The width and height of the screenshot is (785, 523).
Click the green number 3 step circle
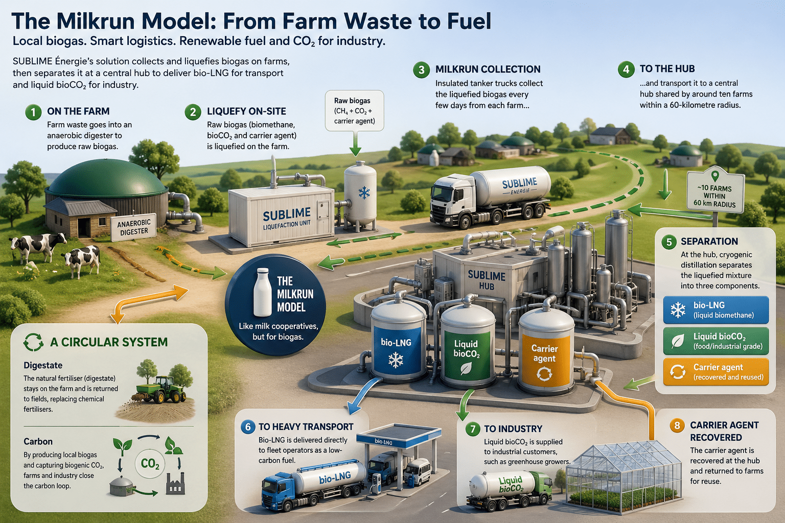(x=422, y=69)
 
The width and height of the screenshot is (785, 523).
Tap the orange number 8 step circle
(x=677, y=425)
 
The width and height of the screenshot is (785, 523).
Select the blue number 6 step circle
(x=248, y=427)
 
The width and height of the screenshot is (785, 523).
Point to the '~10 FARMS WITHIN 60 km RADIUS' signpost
(x=715, y=192)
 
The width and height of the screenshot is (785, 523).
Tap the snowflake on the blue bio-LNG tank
(x=396, y=361)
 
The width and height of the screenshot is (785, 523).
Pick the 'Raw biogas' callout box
(x=354, y=111)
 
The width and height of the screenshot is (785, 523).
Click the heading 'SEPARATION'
(x=709, y=242)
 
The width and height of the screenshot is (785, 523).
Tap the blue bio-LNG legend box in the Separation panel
(x=715, y=310)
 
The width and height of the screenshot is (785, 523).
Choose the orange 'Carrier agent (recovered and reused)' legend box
(x=715, y=372)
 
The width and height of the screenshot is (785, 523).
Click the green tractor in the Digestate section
(x=161, y=390)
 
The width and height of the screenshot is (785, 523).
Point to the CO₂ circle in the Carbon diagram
(x=150, y=464)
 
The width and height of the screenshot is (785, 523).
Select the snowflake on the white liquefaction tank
(x=364, y=193)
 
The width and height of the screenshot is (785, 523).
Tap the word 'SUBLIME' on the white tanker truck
(x=519, y=183)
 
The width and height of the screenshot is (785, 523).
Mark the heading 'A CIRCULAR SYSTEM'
(x=109, y=342)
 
